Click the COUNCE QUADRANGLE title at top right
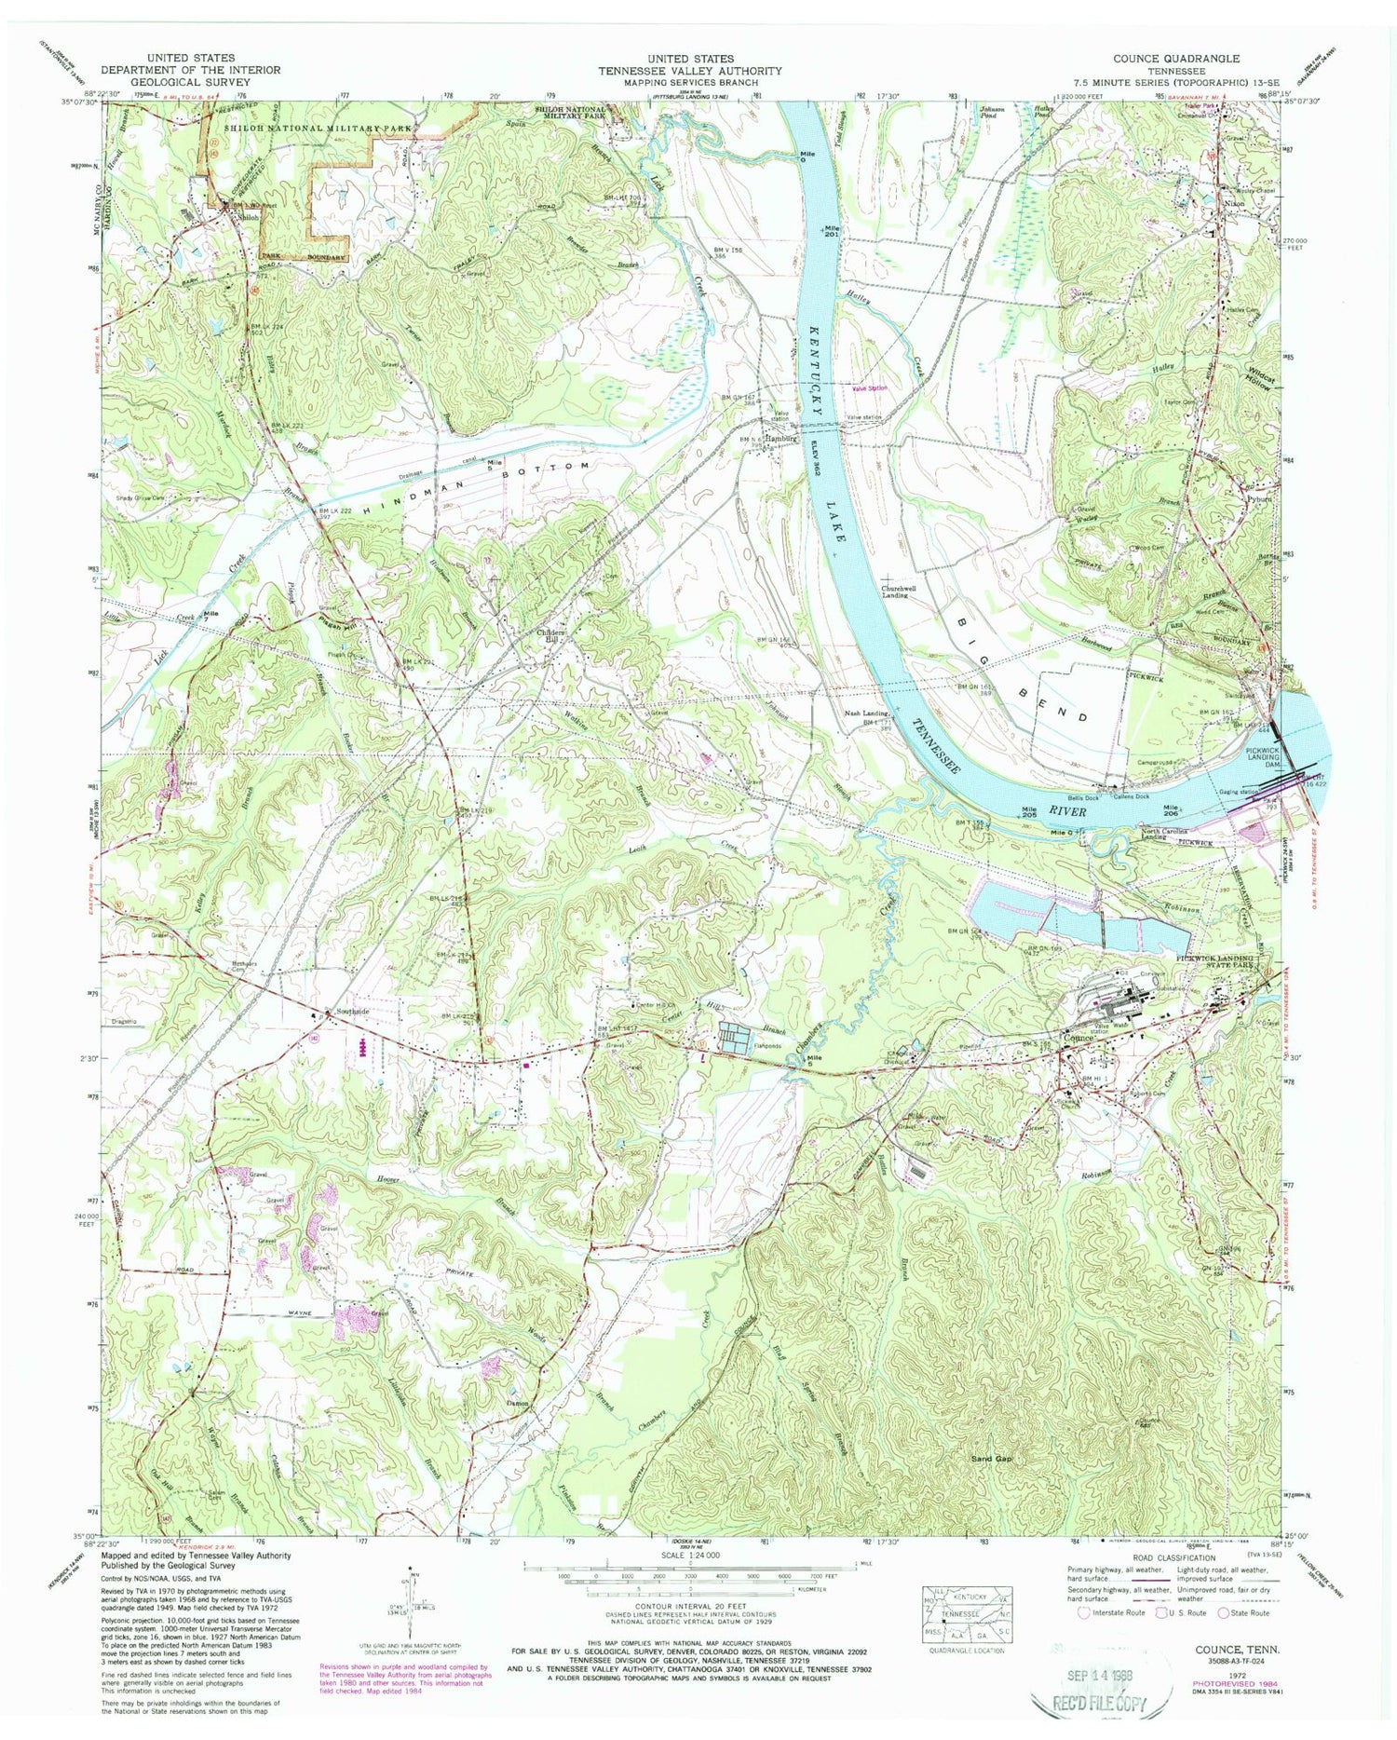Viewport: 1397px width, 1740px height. point(1159,59)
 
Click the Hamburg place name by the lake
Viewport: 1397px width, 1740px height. point(780,439)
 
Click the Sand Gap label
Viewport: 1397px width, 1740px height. point(991,1459)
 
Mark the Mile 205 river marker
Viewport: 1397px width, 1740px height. point(1028,811)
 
